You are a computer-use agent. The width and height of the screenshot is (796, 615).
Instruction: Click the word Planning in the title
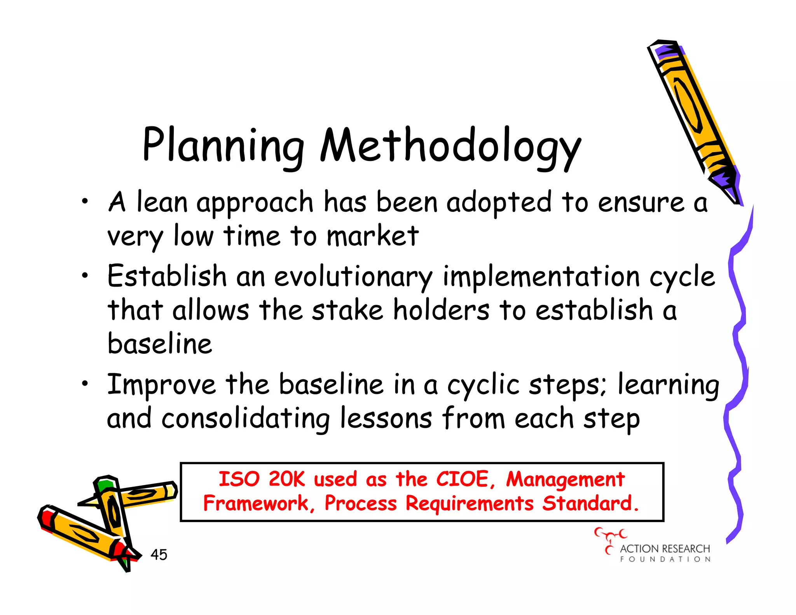pyautogui.click(x=223, y=146)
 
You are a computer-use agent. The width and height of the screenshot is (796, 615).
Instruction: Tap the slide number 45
pyautogui.click(x=159, y=555)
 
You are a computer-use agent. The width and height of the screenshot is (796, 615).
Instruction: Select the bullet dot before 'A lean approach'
pyautogui.click(x=85, y=201)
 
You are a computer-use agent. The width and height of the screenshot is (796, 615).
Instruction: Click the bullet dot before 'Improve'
pyautogui.click(x=85, y=384)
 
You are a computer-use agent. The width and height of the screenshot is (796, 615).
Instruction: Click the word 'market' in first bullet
pyautogui.click(x=372, y=236)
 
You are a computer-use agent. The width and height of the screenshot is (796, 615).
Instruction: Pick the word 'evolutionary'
pyautogui.click(x=353, y=277)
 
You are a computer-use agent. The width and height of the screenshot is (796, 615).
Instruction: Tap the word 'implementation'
pyautogui.click(x=541, y=277)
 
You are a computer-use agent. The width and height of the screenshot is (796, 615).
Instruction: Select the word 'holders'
pyautogui.click(x=441, y=310)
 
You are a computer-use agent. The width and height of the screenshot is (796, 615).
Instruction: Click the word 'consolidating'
pyautogui.click(x=246, y=419)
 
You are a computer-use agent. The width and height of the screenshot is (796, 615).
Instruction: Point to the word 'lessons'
pyautogui.click(x=386, y=418)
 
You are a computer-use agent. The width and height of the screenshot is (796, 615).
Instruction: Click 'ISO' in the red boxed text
pyautogui.click(x=239, y=479)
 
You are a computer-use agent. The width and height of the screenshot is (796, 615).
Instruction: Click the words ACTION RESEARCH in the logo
pyautogui.click(x=665, y=549)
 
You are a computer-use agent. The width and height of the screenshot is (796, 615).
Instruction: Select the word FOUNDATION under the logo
pyautogui.click(x=665, y=559)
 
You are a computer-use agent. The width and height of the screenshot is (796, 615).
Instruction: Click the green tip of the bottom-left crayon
pyautogui.click(x=105, y=485)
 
